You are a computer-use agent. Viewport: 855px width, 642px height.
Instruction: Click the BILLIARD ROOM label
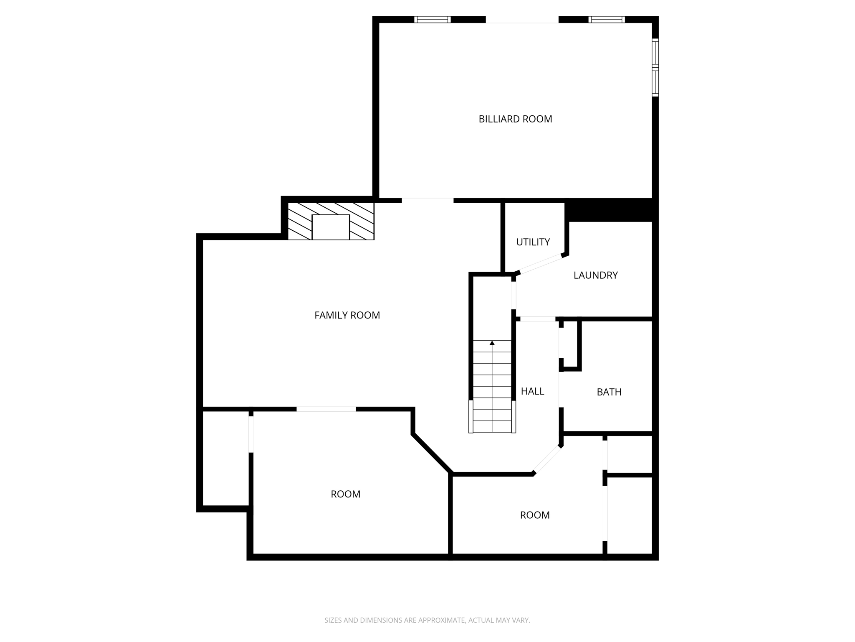coord(515,119)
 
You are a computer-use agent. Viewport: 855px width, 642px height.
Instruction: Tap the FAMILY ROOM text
coord(347,315)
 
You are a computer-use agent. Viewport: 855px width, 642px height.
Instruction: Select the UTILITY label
coord(533,242)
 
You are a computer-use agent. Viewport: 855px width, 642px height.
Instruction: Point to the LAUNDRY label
coord(595,275)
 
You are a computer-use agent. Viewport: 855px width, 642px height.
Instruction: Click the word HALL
coord(532,391)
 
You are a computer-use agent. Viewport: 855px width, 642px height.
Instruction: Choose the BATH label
coord(609,392)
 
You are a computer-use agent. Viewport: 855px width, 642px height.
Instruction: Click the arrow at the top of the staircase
coord(492,343)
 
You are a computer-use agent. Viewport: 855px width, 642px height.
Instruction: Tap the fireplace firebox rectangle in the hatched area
coord(331,227)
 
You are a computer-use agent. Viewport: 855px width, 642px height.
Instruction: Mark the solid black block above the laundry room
coord(610,210)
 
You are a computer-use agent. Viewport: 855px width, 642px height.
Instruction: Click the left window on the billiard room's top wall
coord(432,19)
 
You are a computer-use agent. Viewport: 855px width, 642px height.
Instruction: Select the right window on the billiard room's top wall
coord(606,19)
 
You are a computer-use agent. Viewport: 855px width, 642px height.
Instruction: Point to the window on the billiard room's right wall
coord(655,67)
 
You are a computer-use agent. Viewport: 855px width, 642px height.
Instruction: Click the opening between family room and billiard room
coord(427,200)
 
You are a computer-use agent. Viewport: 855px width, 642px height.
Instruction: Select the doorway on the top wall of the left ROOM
coord(326,409)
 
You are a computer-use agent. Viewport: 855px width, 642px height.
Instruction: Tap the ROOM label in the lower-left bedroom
coord(345,494)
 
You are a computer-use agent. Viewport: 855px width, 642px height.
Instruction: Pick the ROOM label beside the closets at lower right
coord(534,515)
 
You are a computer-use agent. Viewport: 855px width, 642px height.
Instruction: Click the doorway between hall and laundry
coord(537,319)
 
